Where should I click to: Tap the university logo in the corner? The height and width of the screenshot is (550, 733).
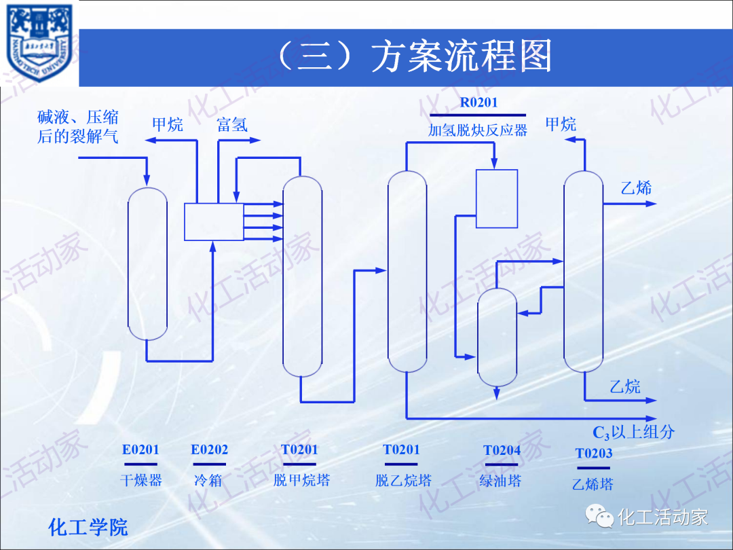(39, 42)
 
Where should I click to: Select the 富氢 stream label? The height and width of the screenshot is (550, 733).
(232, 124)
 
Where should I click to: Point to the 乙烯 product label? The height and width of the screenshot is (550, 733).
(636, 187)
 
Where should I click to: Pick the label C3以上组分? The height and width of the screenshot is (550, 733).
(633, 432)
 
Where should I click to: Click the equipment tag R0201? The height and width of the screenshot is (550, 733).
(478, 103)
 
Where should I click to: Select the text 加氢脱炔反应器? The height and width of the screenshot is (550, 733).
(478, 130)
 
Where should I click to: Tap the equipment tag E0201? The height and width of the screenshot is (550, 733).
(140, 450)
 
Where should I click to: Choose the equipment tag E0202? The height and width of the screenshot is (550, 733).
(209, 450)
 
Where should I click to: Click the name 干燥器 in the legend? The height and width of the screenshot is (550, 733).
(140, 481)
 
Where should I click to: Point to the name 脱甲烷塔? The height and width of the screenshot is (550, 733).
(301, 481)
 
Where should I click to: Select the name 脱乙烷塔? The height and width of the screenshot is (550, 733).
(403, 481)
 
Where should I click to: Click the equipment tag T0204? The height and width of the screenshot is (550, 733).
(502, 450)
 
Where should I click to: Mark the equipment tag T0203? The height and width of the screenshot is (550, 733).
(594, 454)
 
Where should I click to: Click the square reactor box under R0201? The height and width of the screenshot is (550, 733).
(497, 198)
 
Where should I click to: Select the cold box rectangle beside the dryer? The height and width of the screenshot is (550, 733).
(214, 221)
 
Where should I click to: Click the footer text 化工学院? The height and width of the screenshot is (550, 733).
(88, 527)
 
